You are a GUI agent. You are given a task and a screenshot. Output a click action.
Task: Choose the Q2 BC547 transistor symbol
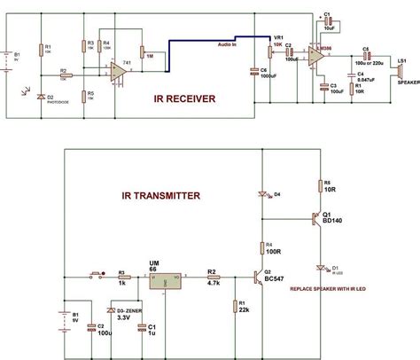coord(258,278)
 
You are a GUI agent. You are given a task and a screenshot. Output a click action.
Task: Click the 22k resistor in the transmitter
coord(235,306)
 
